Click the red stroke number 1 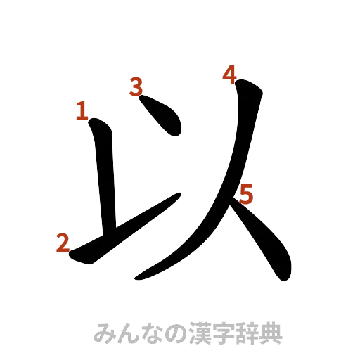click(82, 110)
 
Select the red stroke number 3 click(137, 87)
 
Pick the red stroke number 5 click(245, 193)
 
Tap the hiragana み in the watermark click(104, 333)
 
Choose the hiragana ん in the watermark click(127, 333)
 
